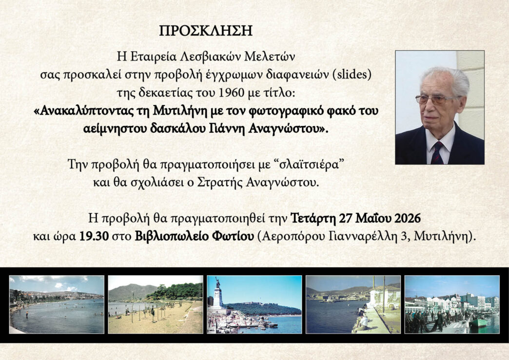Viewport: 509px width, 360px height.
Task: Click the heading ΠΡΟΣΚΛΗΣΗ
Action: pyautogui.click(x=205, y=31)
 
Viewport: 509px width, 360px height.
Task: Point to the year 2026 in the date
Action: pyautogui.click(x=408, y=219)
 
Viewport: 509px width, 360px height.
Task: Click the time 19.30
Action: pyautogui.click(x=94, y=236)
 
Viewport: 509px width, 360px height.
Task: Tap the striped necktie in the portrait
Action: pyautogui.click(x=437, y=153)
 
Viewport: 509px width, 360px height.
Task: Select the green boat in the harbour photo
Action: pyautogui.click(x=478, y=322)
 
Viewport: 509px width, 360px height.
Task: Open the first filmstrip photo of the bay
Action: pyautogui.click(x=57, y=304)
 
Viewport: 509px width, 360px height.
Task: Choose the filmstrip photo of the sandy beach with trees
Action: pyautogui.click(x=156, y=304)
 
